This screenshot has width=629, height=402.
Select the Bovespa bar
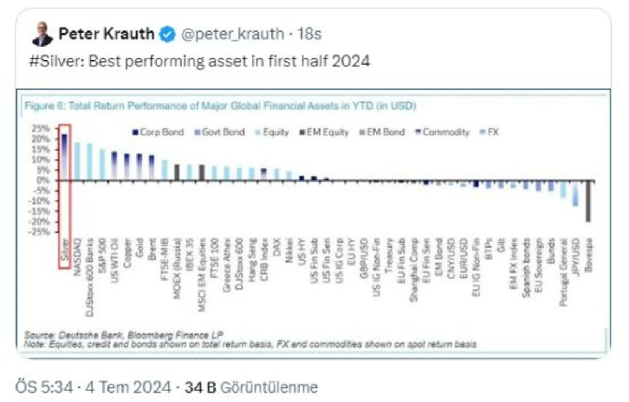(x=588, y=201)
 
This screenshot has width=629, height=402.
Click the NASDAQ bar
(x=77, y=161)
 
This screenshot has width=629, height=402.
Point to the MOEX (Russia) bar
(x=177, y=172)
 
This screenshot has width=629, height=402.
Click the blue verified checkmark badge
(x=168, y=34)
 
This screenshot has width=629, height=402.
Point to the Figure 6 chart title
(x=221, y=106)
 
